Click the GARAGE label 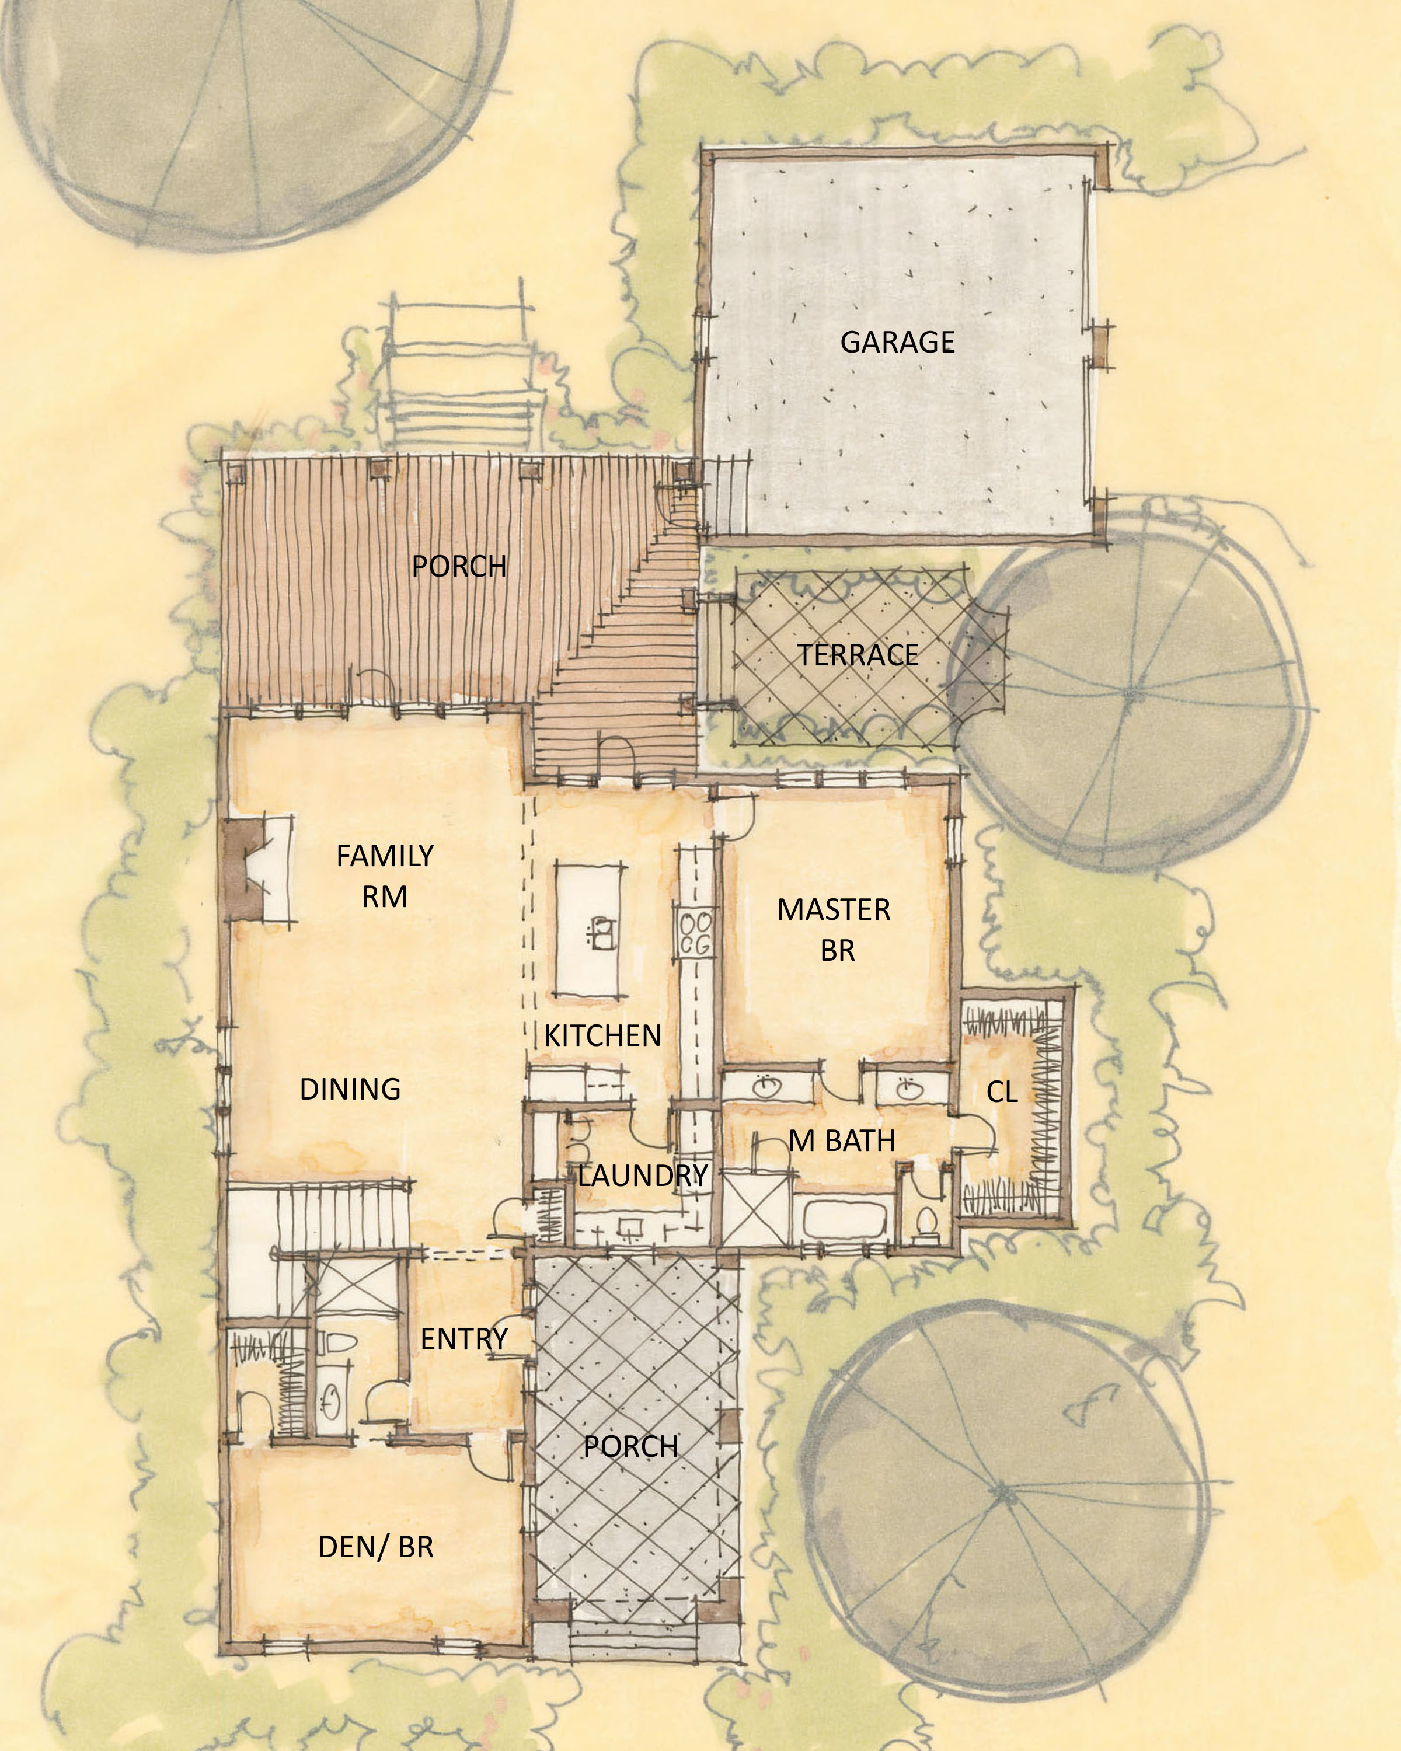(897, 342)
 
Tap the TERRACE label (858, 655)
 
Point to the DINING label (350, 1089)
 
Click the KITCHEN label (602, 1035)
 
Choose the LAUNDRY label (643, 1175)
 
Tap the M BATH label (842, 1141)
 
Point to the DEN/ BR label (376, 1547)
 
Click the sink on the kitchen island (602, 932)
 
